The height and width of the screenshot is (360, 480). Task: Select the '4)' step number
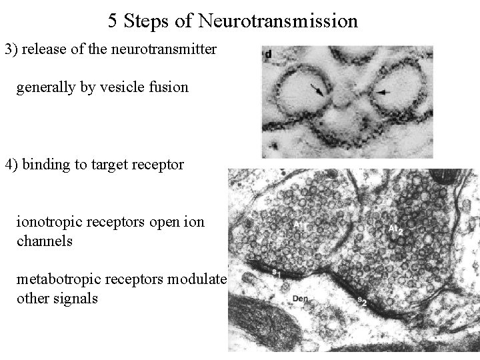12,164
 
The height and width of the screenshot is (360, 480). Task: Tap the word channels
44,241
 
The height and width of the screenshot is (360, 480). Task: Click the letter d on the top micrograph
267,54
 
